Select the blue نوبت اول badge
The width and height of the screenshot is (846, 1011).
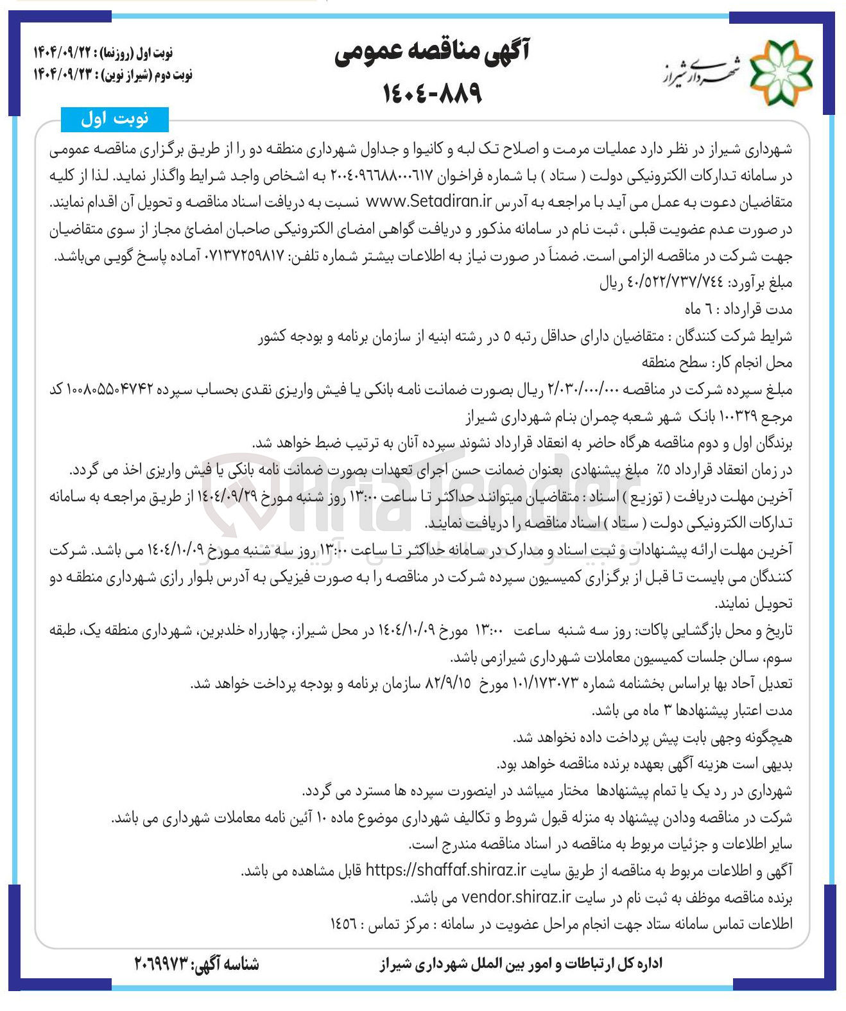pyautogui.click(x=115, y=119)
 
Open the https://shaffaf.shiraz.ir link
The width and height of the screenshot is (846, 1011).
pyautogui.click(x=446, y=870)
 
